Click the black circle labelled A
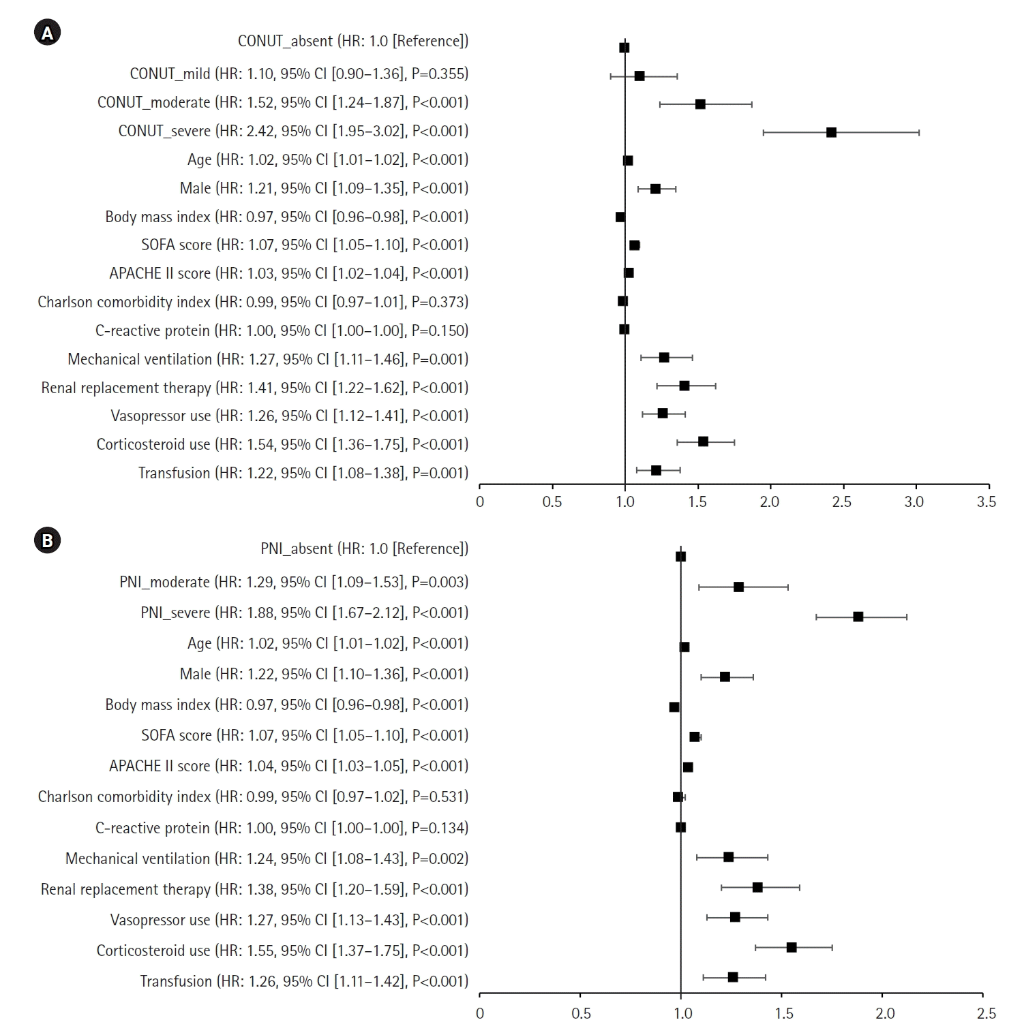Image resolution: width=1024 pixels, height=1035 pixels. (x=47, y=33)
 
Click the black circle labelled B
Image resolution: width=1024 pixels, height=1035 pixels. (x=47, y=540)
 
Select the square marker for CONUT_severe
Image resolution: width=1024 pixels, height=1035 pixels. (x=831, y=132)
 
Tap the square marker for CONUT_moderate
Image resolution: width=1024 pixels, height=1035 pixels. (x=700, y=104)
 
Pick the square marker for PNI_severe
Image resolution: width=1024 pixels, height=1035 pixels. (x=858, y=617)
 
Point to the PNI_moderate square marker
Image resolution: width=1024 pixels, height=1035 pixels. (x=738, y=587)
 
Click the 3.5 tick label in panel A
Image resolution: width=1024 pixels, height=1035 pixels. (x=986, y=502)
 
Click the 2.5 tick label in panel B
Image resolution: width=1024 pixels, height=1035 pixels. (x=986, y=1014)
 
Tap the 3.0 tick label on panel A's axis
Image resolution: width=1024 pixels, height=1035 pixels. (x=914, y=502)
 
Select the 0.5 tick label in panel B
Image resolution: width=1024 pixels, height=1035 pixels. (x=581, y=1014)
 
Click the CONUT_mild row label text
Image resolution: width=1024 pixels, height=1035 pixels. (x=299, y=74)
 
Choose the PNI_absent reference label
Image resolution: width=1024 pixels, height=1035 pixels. (x=364, y=549)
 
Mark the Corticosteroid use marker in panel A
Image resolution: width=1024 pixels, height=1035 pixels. (x=703, y=442)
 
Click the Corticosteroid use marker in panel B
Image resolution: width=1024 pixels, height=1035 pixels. (x=792, y=947)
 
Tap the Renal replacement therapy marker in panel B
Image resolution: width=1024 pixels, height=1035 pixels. (x=757, y=887)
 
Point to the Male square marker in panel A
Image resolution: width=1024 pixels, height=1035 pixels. (x=655, y=189)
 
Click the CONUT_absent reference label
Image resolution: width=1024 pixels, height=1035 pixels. (x=352, y=41)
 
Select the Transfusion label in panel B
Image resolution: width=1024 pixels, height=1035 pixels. (x=304, y=981)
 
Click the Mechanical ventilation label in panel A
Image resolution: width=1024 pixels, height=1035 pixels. (x=268, y=359)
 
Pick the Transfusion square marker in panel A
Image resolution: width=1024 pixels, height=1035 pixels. (x=656, y=470)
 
